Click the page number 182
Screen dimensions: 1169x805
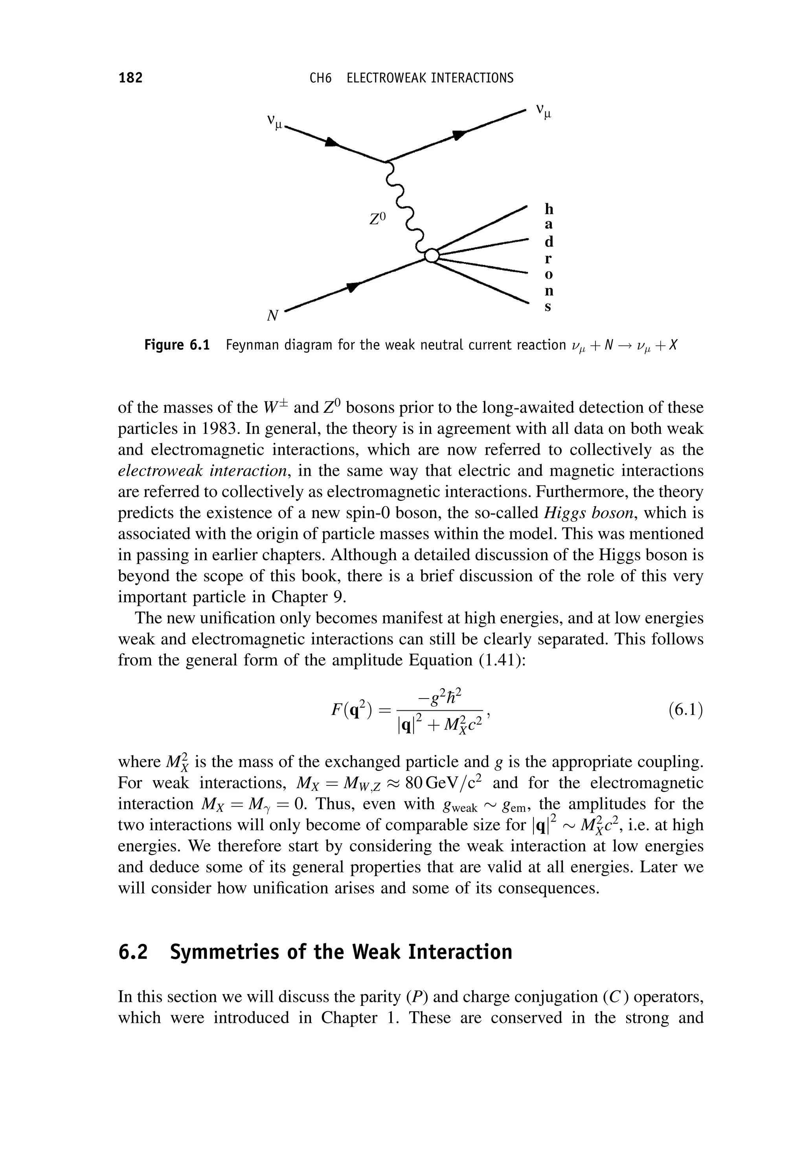pyautogui.click(x=130, y=78)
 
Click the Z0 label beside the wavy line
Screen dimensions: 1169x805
pyautogui.click(x=377, y=219)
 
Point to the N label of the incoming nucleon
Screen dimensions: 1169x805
pyautogui.click(x=273, y=316)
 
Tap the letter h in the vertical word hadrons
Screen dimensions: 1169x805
pyautogui.click(x=549, y=208)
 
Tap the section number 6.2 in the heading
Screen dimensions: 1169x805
pyautogui.click(x=133, y=952)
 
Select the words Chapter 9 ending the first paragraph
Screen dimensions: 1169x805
pyautogui.click(x=309, y=597)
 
